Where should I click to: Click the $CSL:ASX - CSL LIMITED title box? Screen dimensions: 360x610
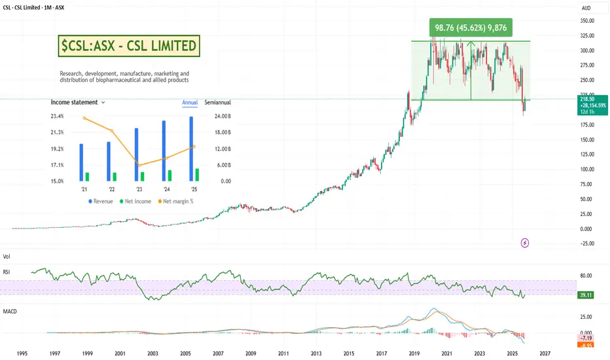pos(129,46)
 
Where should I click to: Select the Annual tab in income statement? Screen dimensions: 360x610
pos(189,103)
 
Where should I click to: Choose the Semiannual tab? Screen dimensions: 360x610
pos(217,103)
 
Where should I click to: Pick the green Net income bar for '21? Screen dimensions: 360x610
pos(87,177)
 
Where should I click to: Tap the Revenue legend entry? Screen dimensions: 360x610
pos(101,201)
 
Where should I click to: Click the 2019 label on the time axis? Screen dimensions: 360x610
pos(414,352)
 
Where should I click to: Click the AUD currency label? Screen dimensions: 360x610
pos(587,7)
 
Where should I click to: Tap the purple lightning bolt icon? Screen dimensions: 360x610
pos(525,243)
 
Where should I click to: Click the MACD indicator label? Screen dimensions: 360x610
pos(9,312)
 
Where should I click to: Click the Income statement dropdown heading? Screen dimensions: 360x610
pos(78,103)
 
